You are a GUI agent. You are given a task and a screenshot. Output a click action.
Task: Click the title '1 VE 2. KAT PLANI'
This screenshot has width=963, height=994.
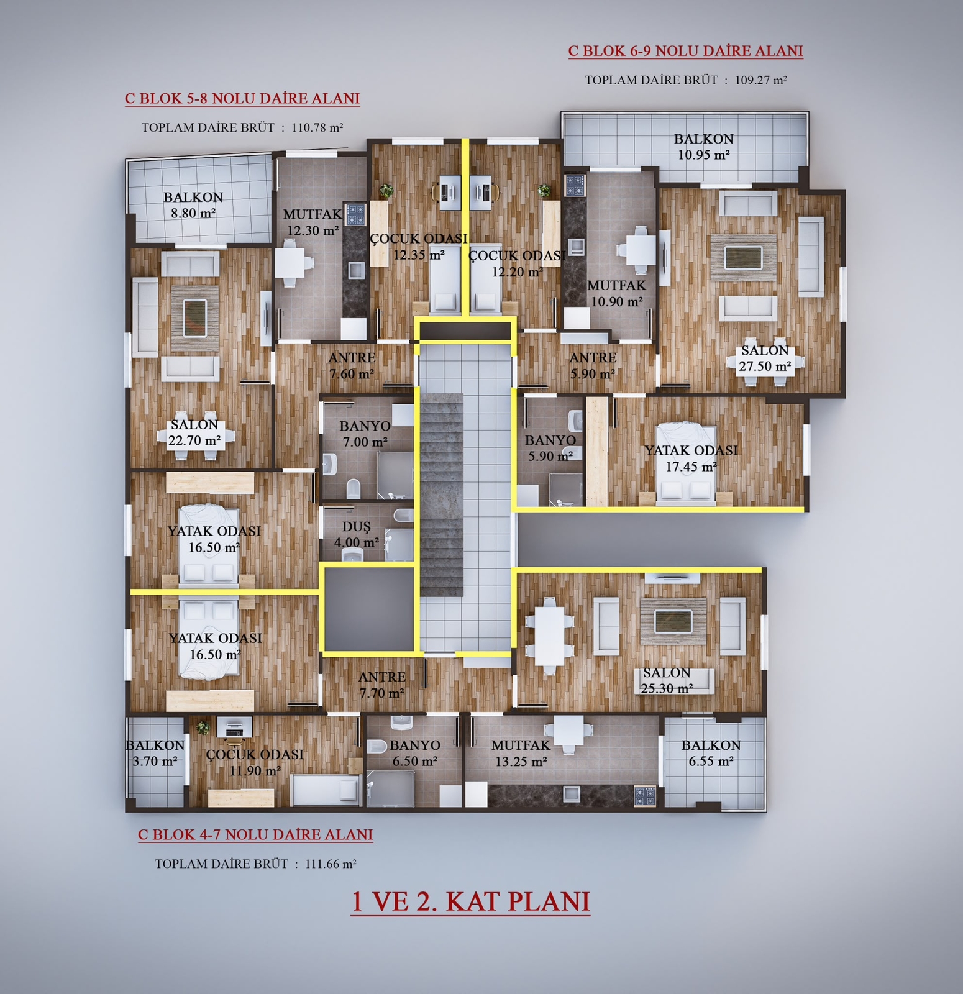pyautogui.click(x=470, y=901)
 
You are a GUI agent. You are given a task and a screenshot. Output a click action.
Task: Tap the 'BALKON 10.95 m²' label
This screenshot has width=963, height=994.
pyautogui.click(x=704, y=147)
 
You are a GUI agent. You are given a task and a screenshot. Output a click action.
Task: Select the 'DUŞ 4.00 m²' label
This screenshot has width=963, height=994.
pyautogui.click(x=357, y=534)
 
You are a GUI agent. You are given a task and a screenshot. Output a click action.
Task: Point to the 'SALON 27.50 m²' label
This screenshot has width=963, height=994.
pyautogui.click(x=765, y=358)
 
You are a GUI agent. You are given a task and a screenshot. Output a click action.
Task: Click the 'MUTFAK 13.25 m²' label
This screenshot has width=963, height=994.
pyautogui.click(x=521, y=754)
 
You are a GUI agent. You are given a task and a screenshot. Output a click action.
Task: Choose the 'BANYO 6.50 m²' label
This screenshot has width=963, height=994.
pyautogui.click(x=414, y=754)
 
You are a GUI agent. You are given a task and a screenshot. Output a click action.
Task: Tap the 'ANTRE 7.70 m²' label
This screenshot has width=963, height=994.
pyautogui.click(x=382, y=685)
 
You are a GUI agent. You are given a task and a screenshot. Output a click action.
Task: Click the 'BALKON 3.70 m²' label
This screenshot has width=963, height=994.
pyautogui.click(x=155, y=753)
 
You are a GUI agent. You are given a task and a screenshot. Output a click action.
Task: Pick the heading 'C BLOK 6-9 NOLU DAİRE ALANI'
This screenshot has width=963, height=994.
pyautogui.click(x=686, y=51)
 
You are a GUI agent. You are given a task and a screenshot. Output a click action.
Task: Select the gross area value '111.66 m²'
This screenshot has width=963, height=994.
pyautogui.click(x=331, y=864)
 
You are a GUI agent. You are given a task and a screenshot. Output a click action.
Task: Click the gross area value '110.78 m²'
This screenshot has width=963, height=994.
pyautogui.click(x=317, y=127)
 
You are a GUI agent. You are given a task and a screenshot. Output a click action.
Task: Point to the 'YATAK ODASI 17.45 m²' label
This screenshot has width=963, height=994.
pyautogui.click(x=691, y=458)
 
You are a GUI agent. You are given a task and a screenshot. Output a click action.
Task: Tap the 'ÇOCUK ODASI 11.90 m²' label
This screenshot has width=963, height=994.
pyautogui.click(x=255, y=762)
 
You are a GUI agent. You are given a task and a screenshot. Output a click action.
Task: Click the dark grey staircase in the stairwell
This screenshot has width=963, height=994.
pyautogui.click(x=442, y=495)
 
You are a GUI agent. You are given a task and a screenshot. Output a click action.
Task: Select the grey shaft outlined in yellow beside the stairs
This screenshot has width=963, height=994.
pyautogui.click(x=368, y=609)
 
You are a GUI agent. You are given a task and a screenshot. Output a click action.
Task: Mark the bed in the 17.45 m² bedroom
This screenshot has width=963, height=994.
pyautogui.click(x=687, y=462)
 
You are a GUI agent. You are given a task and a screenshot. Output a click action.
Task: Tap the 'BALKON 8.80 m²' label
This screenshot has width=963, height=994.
pyautogui.click(x=193, y=205)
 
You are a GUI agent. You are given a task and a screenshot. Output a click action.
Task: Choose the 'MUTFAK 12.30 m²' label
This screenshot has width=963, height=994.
pyautogui.click(x=313, y=222)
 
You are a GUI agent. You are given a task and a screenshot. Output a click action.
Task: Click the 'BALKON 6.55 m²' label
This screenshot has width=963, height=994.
pyautogui.click(x=711, y=753)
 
